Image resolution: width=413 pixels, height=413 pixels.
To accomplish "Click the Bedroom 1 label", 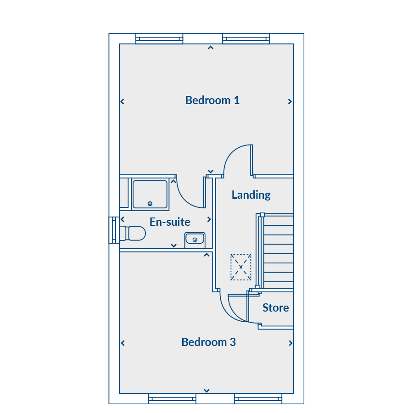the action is (212, 100).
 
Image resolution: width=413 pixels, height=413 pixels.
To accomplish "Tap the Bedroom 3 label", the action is (209, 342).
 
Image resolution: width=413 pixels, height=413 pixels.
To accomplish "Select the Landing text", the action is (251, 195).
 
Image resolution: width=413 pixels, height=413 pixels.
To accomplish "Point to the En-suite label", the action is (170, 222).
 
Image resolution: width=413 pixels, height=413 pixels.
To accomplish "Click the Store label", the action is (275, 307).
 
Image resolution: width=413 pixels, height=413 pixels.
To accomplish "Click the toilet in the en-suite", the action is (133, 233).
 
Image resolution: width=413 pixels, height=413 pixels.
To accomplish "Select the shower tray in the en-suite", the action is (150, 195).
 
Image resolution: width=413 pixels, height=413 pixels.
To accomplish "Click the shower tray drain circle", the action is (150, 204).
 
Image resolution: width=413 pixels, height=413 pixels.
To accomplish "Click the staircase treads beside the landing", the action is (279, 251).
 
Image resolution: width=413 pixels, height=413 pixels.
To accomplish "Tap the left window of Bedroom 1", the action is (159, 39).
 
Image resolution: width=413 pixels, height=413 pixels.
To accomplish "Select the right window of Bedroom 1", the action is (246, 39).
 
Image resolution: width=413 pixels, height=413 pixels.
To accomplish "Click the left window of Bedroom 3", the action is (172, 399).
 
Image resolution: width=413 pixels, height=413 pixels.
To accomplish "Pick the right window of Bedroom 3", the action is (258, 399).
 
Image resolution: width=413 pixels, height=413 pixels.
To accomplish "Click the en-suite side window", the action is (114, 230).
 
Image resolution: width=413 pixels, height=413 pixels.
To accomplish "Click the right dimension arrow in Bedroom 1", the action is (290, 101).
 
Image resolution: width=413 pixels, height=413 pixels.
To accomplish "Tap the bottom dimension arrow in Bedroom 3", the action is (207, 391).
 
